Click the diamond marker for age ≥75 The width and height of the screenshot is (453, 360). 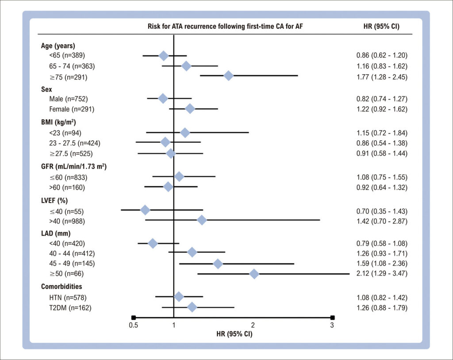coord(229,76)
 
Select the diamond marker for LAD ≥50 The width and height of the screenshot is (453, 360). coord(254,274)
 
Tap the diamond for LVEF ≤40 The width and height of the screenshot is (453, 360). coord(145,210)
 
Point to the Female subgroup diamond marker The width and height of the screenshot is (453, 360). coord(190,109)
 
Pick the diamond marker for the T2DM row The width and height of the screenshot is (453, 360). coord(192,307)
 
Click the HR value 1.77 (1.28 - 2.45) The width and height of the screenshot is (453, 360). coord(382,77)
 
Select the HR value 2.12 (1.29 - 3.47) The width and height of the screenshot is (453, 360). coord(382,273)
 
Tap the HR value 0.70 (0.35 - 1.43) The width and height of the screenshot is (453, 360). coord(382,211)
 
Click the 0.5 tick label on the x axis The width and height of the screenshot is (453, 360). coord(133,326)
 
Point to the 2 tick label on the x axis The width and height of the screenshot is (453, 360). coord(253,325)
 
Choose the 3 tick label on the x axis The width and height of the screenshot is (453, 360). coord(332,325)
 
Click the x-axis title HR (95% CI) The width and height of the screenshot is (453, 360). coord(234,334)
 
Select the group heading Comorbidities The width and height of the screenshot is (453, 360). coord(61,286)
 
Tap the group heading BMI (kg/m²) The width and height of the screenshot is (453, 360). coord(58,122)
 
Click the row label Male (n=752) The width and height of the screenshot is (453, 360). coord(68,99)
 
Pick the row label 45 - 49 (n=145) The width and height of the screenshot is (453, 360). coord(72,263)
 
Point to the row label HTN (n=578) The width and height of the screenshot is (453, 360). coord(68,298)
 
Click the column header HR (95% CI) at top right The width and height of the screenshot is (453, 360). coord(381,26)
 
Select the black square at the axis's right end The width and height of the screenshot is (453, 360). coord(333,318)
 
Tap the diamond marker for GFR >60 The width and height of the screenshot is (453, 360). coord(168,187)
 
